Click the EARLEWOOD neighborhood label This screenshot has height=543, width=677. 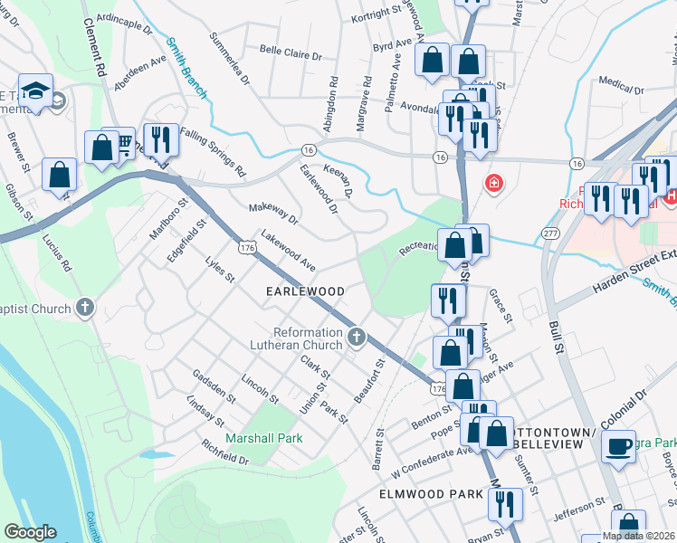(x=305, y=291)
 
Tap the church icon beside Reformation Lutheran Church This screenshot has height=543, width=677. (x=357, y=338)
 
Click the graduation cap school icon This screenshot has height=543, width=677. (x=35, y=92)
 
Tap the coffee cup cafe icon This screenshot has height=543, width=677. (x=619, y=448)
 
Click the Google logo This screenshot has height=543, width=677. (x=30, y=532)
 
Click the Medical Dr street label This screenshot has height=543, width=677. (x=621, y=88)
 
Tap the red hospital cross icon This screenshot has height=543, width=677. (x=493, y=185)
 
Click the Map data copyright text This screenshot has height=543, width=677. (x=638, y=536)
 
